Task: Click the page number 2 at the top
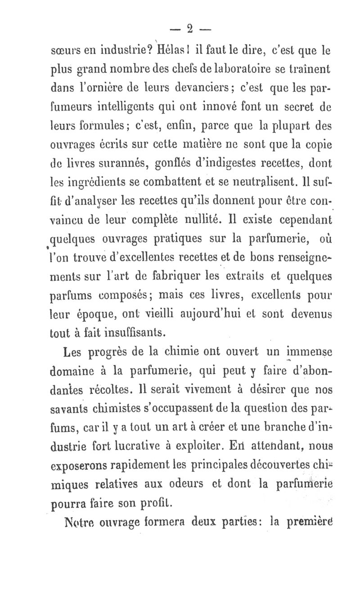(189, 30)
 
